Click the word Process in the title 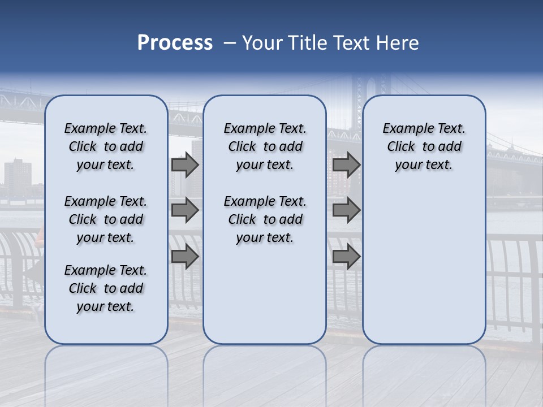tap(175, 43)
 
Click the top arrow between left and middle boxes tap(185, 164)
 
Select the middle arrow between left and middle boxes tap(185, 210)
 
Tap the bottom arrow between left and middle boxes tap(185, 256)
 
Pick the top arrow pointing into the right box tap(346, 164)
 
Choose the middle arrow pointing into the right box tap(346, 210)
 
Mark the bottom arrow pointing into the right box tap(346, 256)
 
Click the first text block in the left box tap(106, 146)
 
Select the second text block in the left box tap(106, 219)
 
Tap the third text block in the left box tap(106, 288)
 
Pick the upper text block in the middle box tap(265, 146)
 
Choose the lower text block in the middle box tap(265, 219)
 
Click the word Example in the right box tap(404, 129)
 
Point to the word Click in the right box tap(401, 147)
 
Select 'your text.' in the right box tap(424, 165)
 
